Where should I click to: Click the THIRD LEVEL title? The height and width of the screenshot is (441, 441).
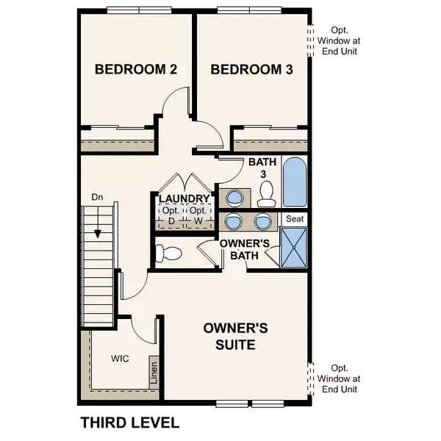tap(129, 423)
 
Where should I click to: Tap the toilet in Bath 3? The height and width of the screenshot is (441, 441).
tap(268, 193)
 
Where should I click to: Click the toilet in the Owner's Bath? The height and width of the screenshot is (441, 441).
tap(169, 254)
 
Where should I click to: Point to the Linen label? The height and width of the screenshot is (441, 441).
tap(154, 373)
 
